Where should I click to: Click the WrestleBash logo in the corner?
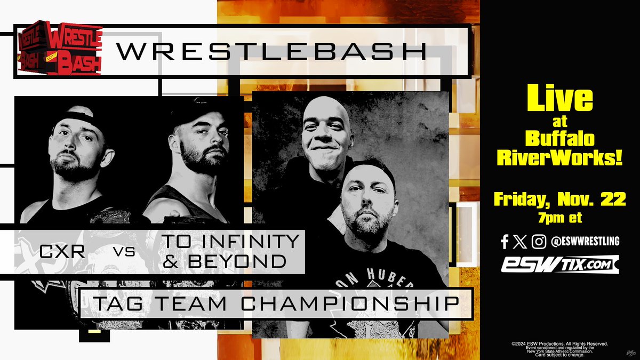(58, 49)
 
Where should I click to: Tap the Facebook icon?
(505, 242)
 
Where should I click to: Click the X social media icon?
(521, 242)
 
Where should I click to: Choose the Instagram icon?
(539, 242)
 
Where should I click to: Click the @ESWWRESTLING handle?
(585, 242)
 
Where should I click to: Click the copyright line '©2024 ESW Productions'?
(559, 344)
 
